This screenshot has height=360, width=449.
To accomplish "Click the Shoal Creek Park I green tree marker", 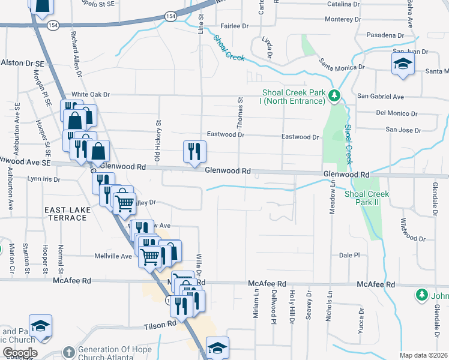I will point(334,95).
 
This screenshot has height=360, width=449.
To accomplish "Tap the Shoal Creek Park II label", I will point(366,198).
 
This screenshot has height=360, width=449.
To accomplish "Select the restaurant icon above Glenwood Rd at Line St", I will point(194,152).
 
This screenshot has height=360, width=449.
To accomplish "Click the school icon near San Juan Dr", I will point(403,64).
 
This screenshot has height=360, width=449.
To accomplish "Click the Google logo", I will point(19,353).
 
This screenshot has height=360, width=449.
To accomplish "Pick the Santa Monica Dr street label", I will point(342,64).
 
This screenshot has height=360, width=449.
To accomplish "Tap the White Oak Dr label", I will point(91,94).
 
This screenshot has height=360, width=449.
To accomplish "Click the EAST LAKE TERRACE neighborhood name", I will point(66,213).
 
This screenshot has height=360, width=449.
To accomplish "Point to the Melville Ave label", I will point(113,256).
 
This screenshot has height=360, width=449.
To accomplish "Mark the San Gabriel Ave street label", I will point(381,96).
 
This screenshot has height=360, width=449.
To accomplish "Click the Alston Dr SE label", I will point(23,62).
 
